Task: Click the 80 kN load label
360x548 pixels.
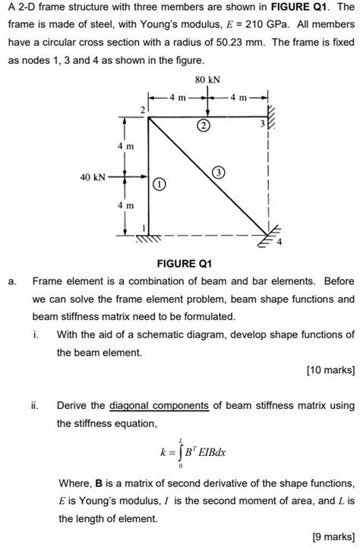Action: click(x=207, y=78)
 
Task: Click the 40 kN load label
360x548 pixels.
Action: click(x=93, y=177)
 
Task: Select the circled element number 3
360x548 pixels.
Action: click(x=218, y=173)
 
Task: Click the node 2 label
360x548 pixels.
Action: click(x=141, y=111)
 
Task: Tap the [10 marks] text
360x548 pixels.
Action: click(x=330, y=370)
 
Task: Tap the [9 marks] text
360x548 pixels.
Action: click(x=333, y=537)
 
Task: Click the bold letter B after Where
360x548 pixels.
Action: click(x=98, y=483)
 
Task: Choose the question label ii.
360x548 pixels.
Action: click(x=36, y=405)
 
